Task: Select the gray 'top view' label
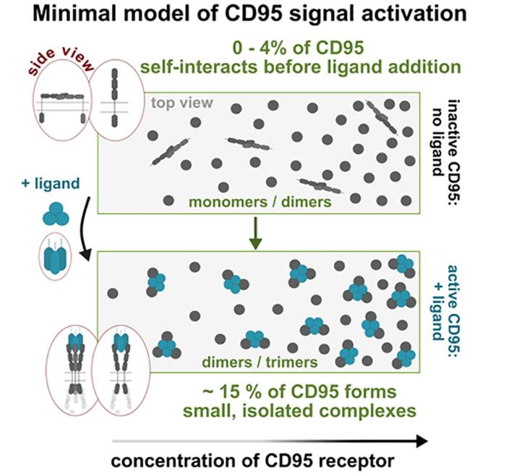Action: coord(181,103)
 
